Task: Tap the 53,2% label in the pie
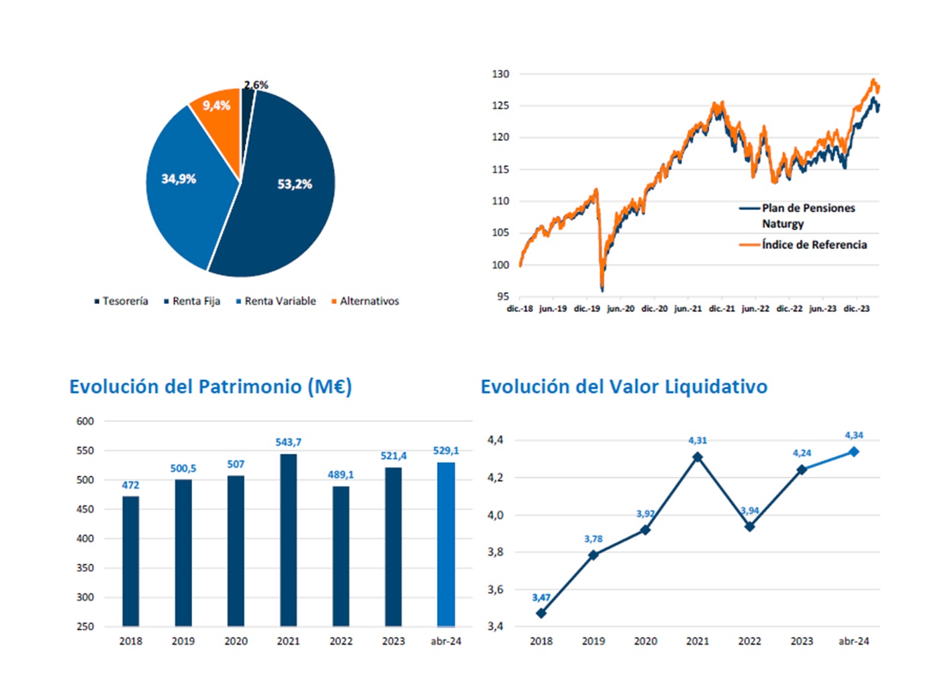tap(295, 184)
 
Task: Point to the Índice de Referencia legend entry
tap(814, 245)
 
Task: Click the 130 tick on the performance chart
tap(500, 74)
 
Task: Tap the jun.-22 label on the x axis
tap(755, 309)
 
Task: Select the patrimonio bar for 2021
tap(288, 540)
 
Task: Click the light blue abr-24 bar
tap(446, 544)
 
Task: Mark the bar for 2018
tap(131, 561)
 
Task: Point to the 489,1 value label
tap(340, 475)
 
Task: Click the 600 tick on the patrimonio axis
tap(85, 421)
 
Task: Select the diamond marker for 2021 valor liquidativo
tap(698, 457)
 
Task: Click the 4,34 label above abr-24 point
tap(854, 436)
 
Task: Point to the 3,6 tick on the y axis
tap(495, 589)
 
